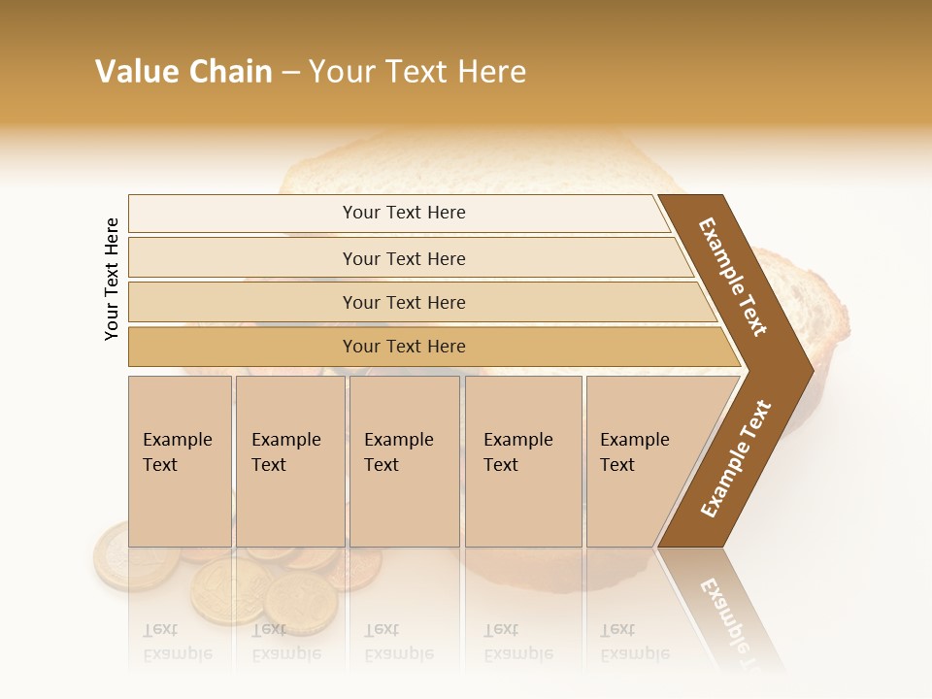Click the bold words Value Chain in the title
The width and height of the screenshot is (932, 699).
[x=183, y=72]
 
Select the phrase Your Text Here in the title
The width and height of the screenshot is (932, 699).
[x=417, y=72]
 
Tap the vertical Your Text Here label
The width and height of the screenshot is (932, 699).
[x=112, y=279]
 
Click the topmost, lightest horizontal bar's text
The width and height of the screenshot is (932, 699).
[x=404, y=213]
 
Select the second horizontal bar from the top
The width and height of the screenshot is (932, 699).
[x=404, y=258]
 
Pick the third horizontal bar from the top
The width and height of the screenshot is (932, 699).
[x=404, y=302]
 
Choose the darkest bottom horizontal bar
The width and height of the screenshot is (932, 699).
[x=404, y=347]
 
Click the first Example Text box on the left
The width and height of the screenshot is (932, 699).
[x=179, y=460]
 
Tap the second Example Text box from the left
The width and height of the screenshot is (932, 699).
[x=289, y=460]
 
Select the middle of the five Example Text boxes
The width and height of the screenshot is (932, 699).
[x=403, y=460]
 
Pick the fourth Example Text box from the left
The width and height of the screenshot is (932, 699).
[x=522, y=460]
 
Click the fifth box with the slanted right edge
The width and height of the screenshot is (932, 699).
[x=641, y=460]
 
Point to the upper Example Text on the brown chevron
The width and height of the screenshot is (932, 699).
[x=733, y=277]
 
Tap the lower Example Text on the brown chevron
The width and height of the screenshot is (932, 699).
[x=735, y=458]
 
